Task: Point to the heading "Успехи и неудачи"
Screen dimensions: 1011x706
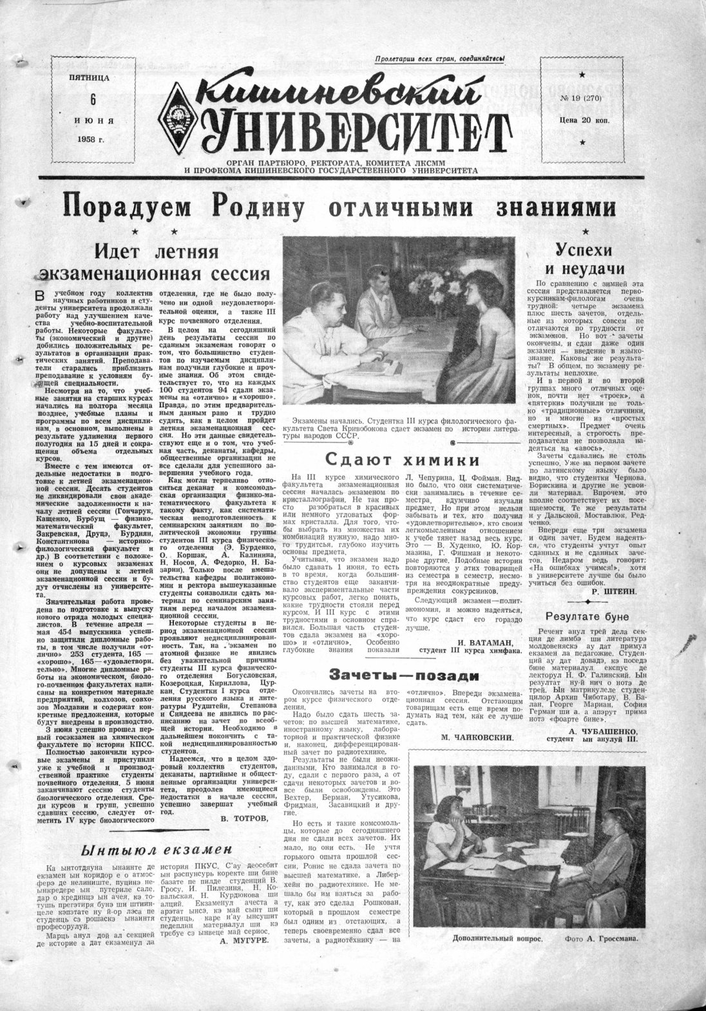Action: [x=584, y=259]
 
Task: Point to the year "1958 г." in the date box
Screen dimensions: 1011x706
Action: [x=92, y=140]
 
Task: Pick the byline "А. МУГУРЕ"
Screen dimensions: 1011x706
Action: [x=244, y=941]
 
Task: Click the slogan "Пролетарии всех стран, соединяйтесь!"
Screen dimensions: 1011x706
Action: [x=441, y=59]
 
